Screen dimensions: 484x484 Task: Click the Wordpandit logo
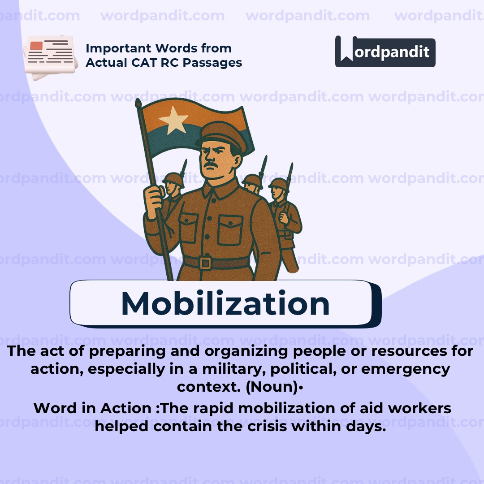click(x=385, y=52)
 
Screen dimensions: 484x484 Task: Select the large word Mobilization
click(x=225, y=303)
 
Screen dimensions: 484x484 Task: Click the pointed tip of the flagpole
click(x=138, y=103)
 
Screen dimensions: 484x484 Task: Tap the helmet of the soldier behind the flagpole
click(x=173, y=179)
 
